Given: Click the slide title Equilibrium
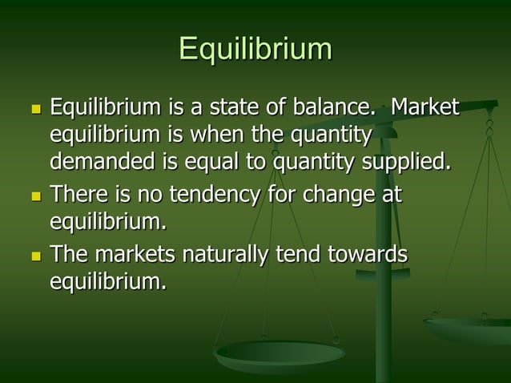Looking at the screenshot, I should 255,49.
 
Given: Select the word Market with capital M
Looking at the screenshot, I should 424,107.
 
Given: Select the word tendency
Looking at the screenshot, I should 221,194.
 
